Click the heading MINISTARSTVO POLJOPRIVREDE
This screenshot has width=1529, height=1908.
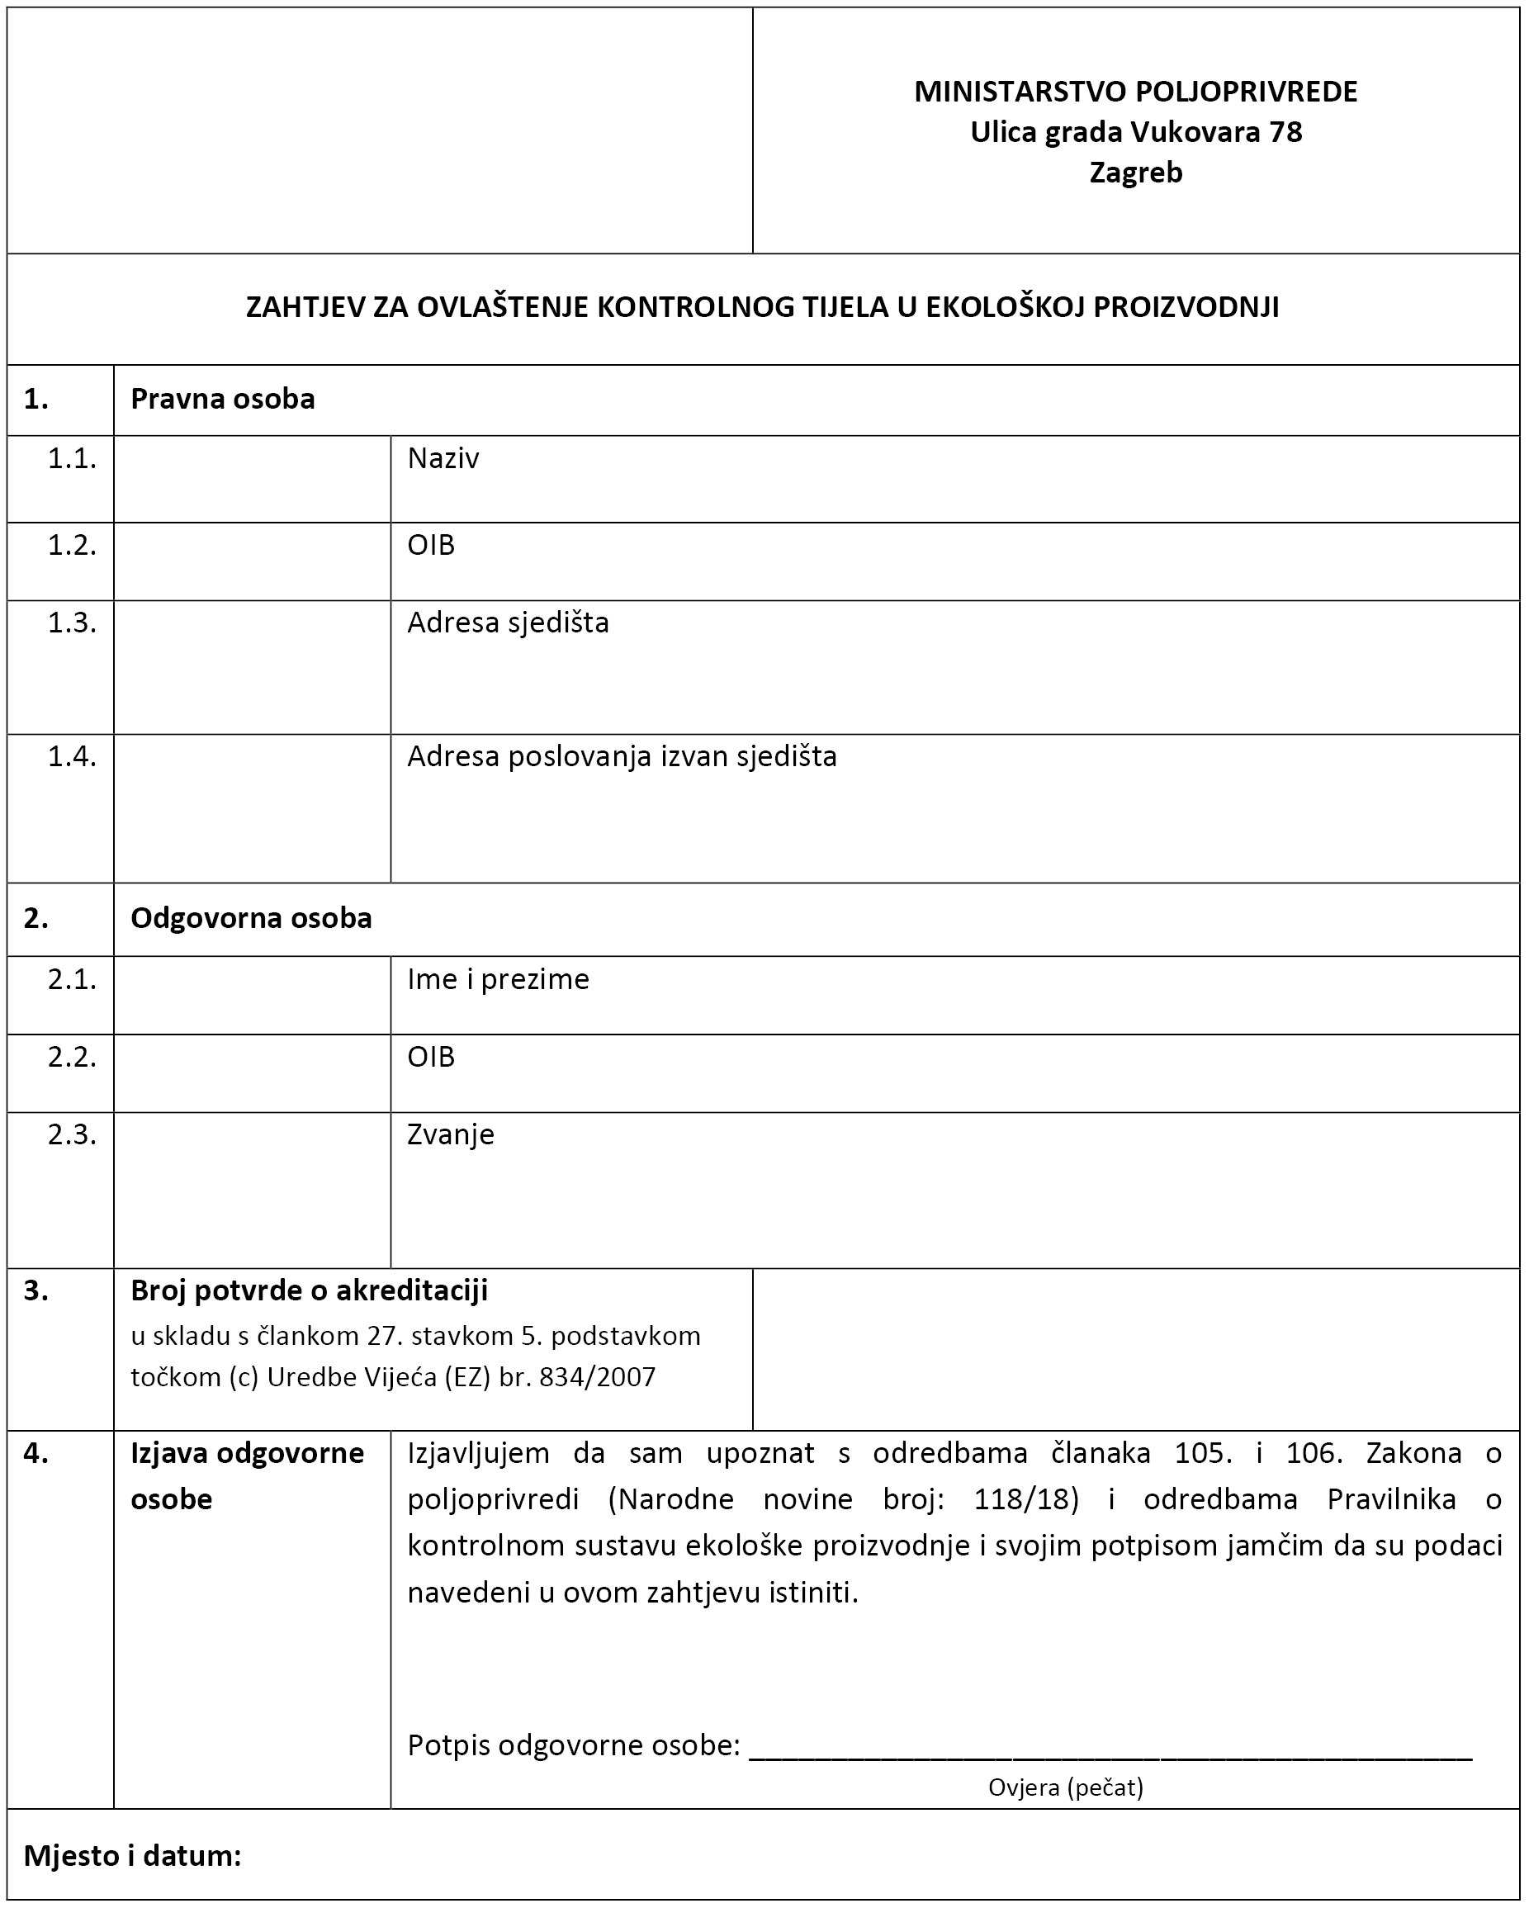[1135, 92]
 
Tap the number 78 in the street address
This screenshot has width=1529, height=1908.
[1285, 133]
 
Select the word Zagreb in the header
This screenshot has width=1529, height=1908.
[1135, 173]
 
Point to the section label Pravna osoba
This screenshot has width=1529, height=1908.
[222, 399]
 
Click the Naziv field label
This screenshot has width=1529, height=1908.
[443, 458]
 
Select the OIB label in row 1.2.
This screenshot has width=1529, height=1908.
[430, 545]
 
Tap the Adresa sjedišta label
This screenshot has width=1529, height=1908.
[508, 623]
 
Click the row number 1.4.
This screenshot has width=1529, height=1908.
[72, 756]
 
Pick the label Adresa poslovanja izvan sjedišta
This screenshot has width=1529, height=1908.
[621, 756]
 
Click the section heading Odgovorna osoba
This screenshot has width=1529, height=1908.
[250, 919]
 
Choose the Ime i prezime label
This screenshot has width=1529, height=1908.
[497, 980]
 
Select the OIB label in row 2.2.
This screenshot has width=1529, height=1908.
[430, 1057]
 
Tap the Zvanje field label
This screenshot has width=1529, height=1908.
[451, 1134]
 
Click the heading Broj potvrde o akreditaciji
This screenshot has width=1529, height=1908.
[309, 1291]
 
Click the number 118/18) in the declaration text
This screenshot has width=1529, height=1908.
[1025, 1499]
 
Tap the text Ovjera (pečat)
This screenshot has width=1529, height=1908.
[1065, 1787]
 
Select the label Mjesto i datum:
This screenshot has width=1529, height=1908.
[133, 1856]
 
